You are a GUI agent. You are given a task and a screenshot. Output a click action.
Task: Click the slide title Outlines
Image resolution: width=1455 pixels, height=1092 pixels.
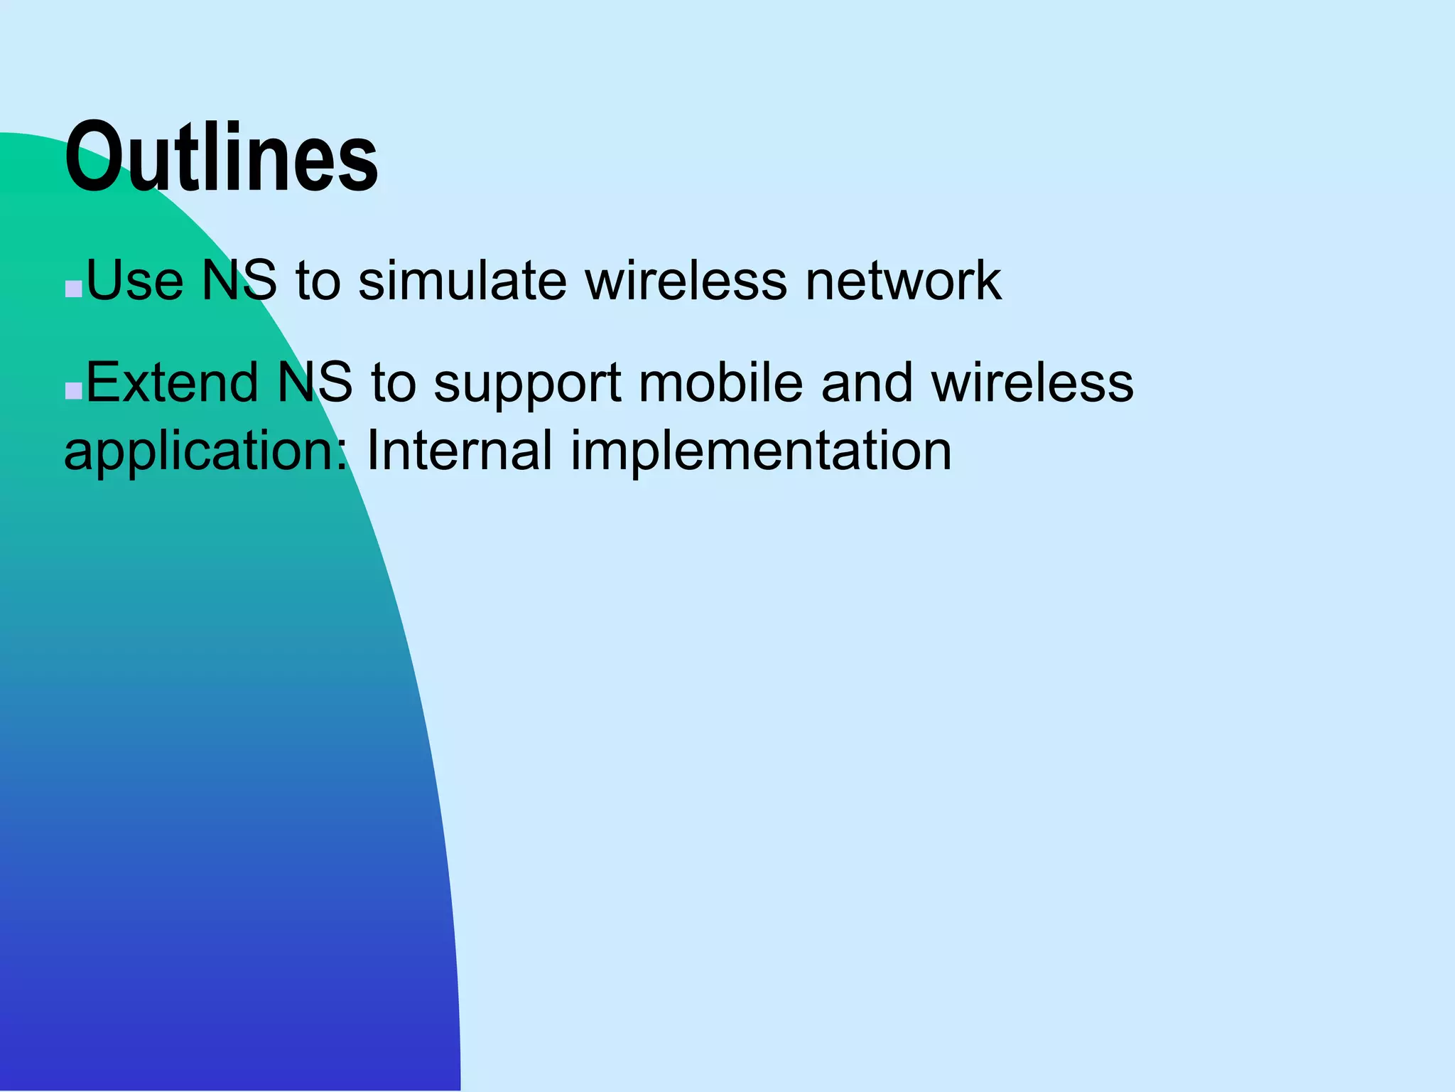pos(221,157)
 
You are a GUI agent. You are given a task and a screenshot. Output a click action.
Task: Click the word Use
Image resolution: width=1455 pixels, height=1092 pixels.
pos(134,280)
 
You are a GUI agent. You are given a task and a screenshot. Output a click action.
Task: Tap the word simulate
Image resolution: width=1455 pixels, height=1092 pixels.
pos(463,280)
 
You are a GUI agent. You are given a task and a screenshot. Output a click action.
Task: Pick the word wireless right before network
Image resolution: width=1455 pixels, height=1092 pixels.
pos(686,280)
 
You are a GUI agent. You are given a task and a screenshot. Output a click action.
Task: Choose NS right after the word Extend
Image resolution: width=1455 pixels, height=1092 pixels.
pos(314,382)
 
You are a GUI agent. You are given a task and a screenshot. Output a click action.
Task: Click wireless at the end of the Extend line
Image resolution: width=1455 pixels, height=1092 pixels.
pos(1032,382)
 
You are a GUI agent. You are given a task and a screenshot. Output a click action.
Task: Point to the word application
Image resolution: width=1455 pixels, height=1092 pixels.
pos(205,452)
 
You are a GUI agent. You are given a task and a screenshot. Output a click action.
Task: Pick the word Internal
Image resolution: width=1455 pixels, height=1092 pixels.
pos(459,451)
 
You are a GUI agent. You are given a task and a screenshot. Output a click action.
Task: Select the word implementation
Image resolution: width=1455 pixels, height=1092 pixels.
pos(761,452)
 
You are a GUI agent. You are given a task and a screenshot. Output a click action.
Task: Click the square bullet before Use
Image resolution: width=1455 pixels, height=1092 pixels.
pos(73,289)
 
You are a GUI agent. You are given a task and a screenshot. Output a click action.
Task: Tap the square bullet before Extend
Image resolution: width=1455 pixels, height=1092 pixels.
pos(73,392)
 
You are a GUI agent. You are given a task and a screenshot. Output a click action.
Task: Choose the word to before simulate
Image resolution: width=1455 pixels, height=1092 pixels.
pos(318,280)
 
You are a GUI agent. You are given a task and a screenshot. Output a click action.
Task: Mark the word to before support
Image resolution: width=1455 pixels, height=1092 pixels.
pos(393,382)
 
